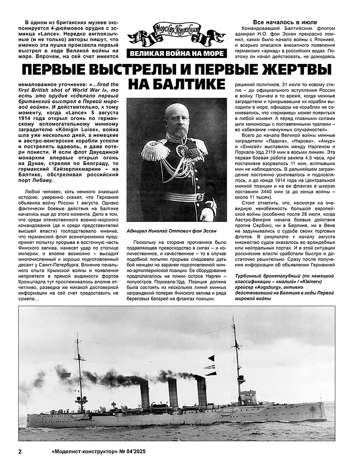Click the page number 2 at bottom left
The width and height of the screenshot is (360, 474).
[20, 452]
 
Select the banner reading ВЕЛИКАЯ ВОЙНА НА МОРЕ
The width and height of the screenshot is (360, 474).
[176, 54]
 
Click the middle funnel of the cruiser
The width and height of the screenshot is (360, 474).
[173, 393]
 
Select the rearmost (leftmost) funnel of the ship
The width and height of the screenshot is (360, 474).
[145, 394]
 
